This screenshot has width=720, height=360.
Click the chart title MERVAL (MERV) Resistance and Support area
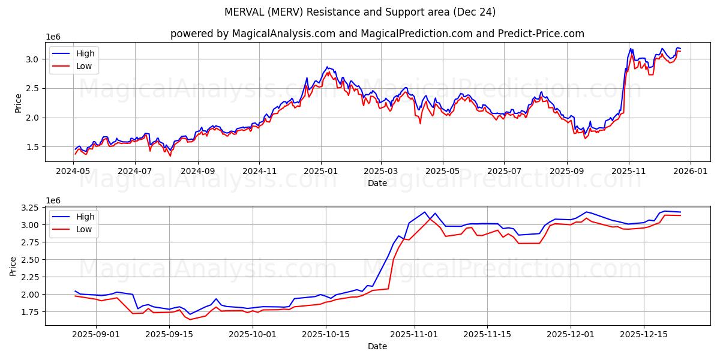pos(360,12)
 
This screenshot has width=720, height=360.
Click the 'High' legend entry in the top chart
pos(85,53)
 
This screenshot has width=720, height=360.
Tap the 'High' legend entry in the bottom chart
pos(85,217)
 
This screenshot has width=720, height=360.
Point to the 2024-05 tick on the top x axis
pos(73,170)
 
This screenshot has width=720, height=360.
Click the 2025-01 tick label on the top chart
pos(320,170)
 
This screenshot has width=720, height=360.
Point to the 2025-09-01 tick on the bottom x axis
pos(96,334)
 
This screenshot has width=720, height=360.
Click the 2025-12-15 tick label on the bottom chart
pos(643,334)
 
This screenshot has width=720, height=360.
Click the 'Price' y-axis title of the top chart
pos(17,103)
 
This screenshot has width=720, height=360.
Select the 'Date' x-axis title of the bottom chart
pos(377,346)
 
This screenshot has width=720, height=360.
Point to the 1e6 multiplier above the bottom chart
pos(53,200)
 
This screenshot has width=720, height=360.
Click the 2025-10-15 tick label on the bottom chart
pos(326,334)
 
